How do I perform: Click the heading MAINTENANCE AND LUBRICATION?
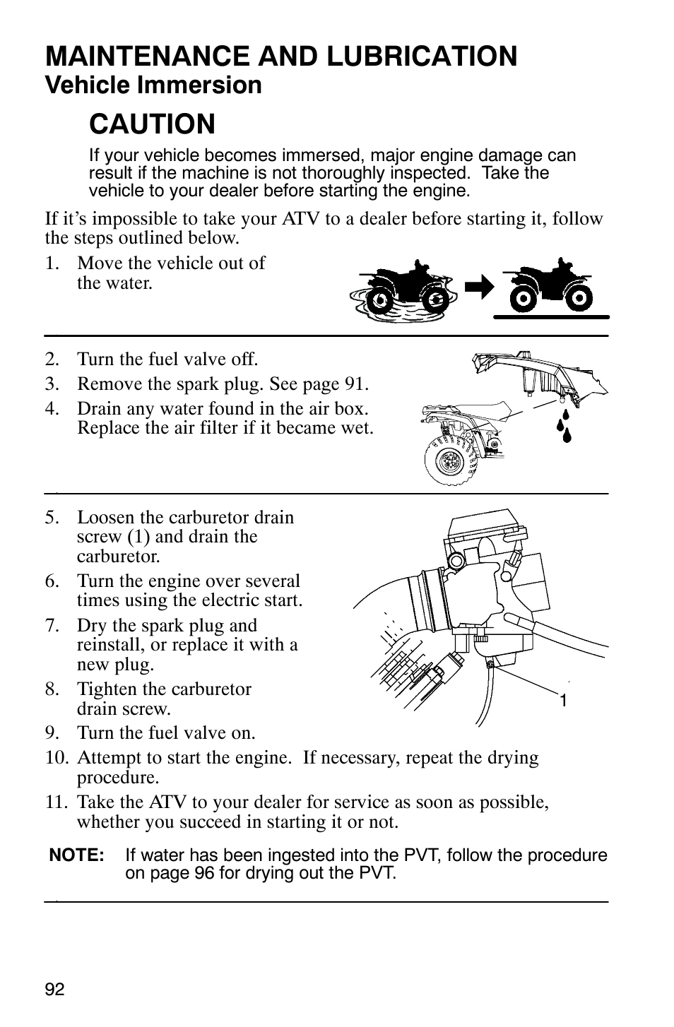pos(281,56)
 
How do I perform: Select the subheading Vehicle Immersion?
pos(153,85)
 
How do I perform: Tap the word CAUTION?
pos(152,124)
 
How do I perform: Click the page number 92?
pos(54,990)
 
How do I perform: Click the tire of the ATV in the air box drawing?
pos(445,459)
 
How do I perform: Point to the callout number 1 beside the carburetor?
pos(563,701)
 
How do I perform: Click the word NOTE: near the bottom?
pos(77,855)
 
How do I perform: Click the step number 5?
pos(52,517)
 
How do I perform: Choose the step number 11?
pos(57,802)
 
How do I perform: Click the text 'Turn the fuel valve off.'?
pos(167,360)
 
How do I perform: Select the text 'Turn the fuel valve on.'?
pos(166,733)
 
